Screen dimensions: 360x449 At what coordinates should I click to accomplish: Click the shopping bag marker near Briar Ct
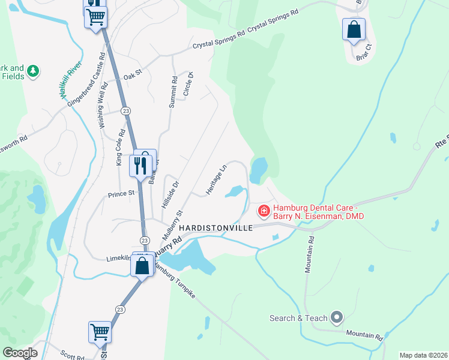(354, 29)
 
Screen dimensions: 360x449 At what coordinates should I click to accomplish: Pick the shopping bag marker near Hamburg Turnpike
(142, 266)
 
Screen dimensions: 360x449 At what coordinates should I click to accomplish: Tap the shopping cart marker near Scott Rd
(100, 332)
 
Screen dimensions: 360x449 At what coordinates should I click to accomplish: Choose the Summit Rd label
(173, 92)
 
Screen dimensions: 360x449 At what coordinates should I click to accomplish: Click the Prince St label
(120, 194)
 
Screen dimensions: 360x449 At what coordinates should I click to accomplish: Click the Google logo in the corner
(20, 353)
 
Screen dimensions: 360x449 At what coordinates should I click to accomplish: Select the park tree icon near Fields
(34, 71)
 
